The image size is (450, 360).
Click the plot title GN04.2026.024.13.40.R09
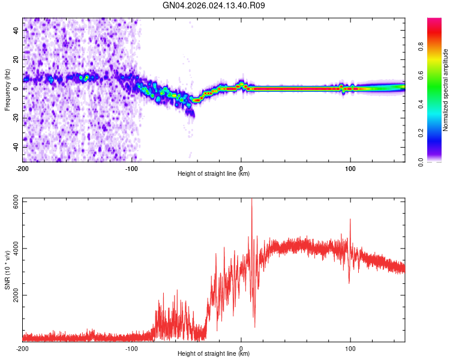(x=214, y=5)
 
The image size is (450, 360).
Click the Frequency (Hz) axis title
(x=7, y=90)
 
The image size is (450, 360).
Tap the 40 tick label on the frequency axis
(x=16, y=31)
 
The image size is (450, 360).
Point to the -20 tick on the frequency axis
(x=16, y=118)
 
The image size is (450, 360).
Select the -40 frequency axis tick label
(x=16, y=147)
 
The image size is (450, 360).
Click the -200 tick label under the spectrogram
(x=22, y=169)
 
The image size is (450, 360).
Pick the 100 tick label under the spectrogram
(x=350, y=169)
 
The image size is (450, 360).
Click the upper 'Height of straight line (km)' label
(x=214, y=173)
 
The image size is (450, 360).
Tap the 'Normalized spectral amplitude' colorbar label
(x=445, y=90)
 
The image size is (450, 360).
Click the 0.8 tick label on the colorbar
(x=421, y=46)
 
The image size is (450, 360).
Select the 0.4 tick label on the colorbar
(x=421, y=104)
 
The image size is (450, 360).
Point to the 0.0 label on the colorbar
(x=421, y=162)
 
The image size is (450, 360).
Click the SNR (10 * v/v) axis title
(x=7, y=270)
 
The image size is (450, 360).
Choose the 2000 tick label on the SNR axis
(x=16, y=295)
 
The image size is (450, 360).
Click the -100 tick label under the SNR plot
(x=131, y=349)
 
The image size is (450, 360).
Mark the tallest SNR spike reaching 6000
(x=251, y=199)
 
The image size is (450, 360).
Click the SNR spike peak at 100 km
(x=350, y=220)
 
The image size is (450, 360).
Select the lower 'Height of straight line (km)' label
(x=214, y=353)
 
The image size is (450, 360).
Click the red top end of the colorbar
(x=434, y=19)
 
